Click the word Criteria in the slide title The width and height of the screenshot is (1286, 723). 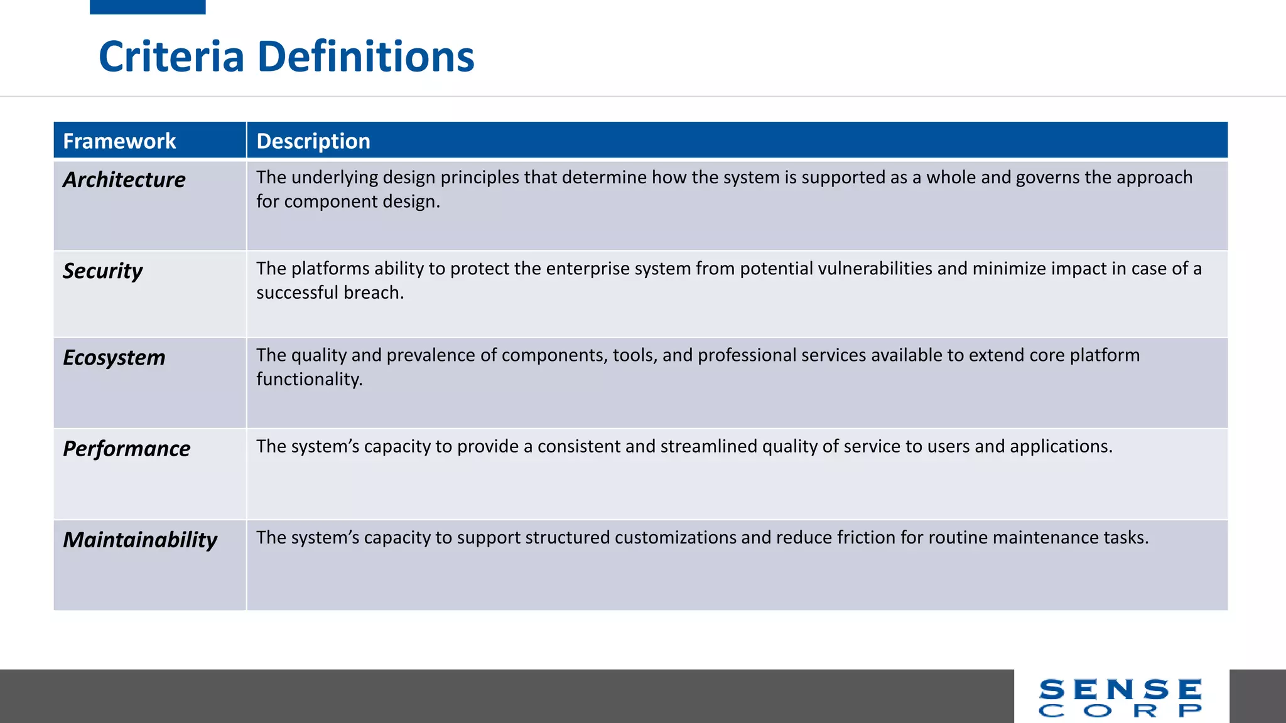coord(171,56)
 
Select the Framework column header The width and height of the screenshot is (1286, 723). coord(119,141)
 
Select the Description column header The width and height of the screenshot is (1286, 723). coord(313,141)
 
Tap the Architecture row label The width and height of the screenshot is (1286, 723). coord(124,180)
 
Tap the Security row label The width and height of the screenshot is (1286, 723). coord(103,271)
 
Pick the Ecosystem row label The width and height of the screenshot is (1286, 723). coord(114,358)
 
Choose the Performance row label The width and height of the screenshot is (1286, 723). coord(127,449)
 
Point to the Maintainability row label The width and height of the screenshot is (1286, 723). coord(140,540)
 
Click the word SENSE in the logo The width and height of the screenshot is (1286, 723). coord(1120,690)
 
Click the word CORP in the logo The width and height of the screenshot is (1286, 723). coord(1120,711)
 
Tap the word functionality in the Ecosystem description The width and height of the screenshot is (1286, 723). coord(308,379)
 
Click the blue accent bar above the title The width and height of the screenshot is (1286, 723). coord(148,7)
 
